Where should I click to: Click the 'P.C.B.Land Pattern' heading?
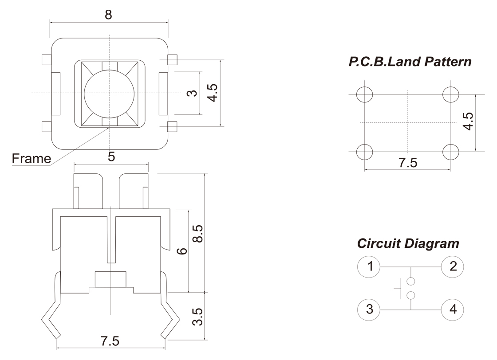tap(410, 62)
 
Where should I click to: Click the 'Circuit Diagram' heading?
tap(408, 243)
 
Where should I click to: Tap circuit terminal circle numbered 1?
tap(369, 267)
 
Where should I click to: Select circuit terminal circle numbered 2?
tap(453, 267)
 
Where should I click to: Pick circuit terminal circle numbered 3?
tap(369, 309)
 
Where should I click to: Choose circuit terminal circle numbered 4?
tap(453, 309)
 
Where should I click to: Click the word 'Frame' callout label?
tap(31, 158)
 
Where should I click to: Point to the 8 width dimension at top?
tap(108, 15)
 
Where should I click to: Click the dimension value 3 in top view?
tap(192, 94)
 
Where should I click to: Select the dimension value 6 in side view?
tap(181, 251)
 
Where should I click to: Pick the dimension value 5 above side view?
tap(111, 157)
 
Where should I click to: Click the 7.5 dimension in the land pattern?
tap(407, 163)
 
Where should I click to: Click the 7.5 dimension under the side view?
tap(110, 341)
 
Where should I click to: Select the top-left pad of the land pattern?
tap(364, 94)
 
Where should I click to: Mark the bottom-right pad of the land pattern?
tap(451, 152)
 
